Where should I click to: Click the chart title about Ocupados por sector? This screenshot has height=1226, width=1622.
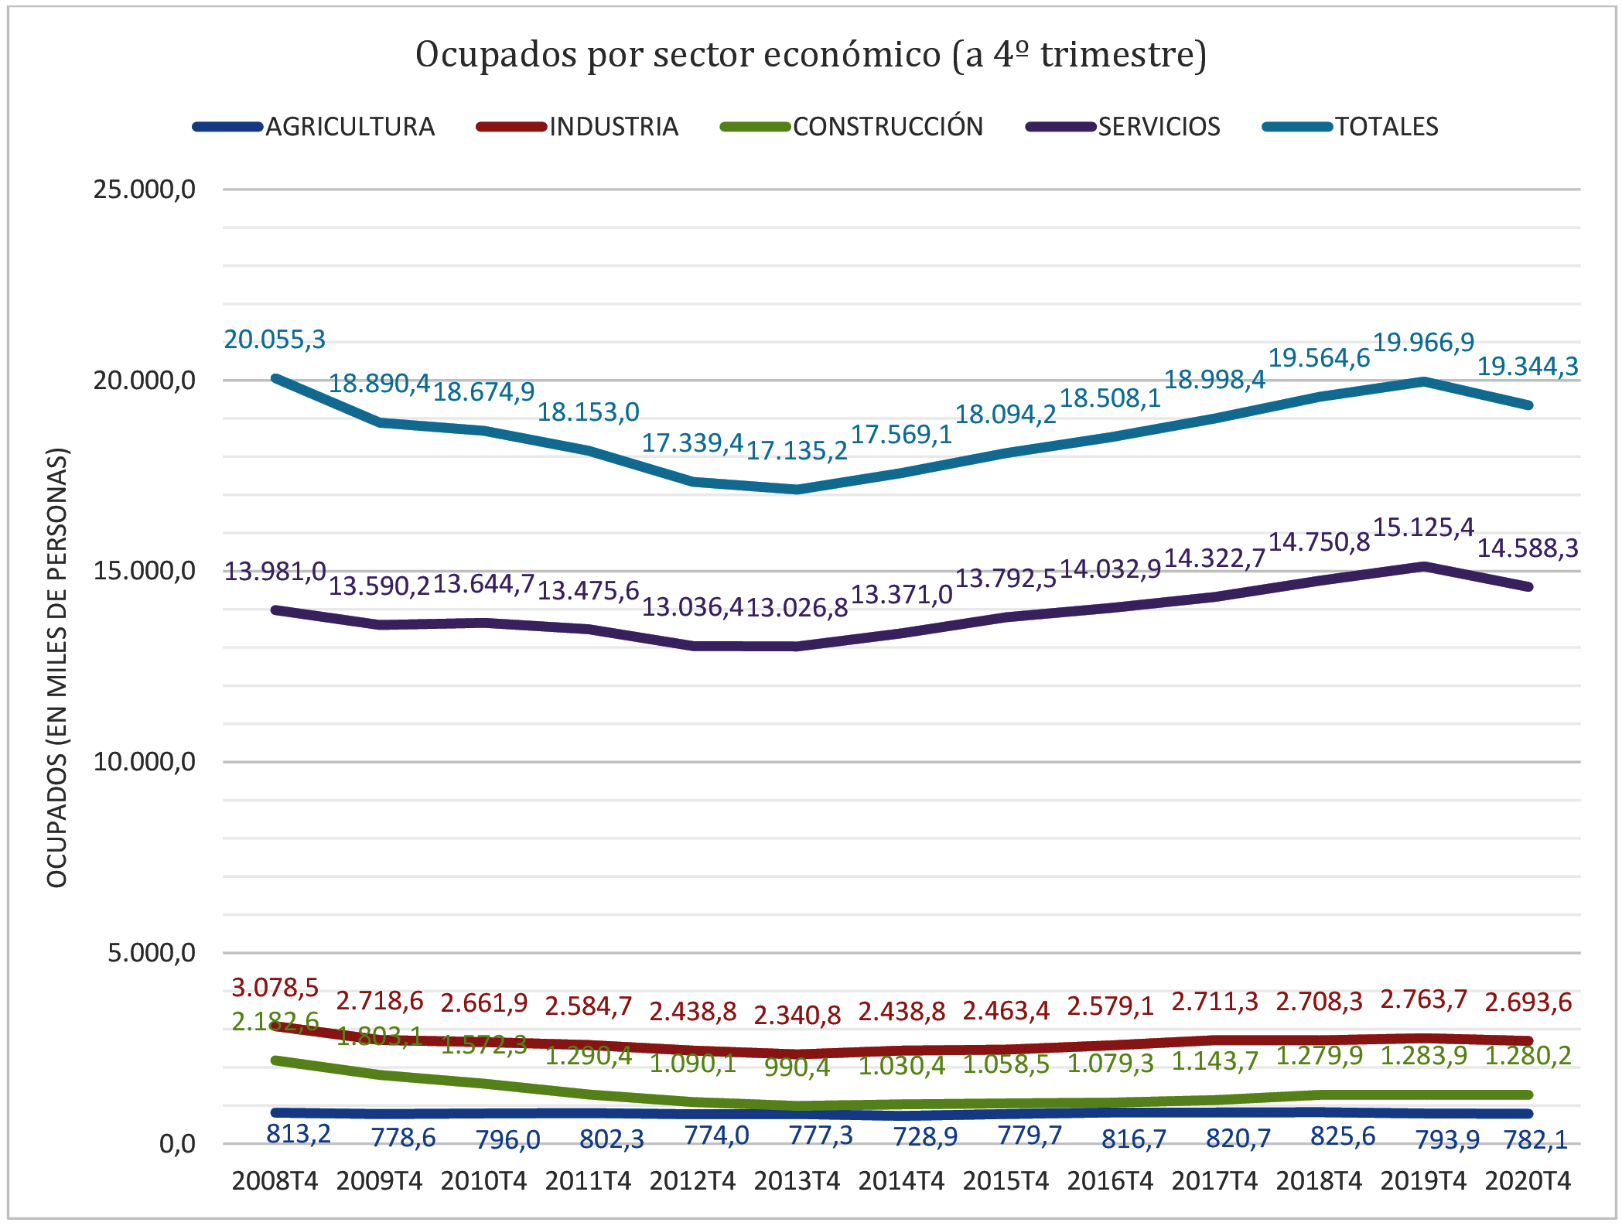coord(811,55)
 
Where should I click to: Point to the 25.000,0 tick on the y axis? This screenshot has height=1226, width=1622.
coord(144,190)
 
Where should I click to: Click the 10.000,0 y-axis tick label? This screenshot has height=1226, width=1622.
coord(144,762)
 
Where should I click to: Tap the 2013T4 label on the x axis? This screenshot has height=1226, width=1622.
coord(797,1181)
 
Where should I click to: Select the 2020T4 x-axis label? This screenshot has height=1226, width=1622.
coord(1528,1181)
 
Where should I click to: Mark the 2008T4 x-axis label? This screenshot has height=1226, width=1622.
coord(275,1181)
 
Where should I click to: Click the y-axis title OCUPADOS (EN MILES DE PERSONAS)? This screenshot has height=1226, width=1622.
coord(58,667)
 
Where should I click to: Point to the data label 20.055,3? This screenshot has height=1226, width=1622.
coord(275,340)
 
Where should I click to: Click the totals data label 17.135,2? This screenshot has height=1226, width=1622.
coord(797,450)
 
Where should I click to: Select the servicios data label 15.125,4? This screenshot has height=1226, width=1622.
coord(1423,528)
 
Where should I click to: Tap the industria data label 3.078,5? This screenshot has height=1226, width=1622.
coord(275,988)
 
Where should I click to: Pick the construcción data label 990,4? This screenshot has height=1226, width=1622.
coord(797,1067)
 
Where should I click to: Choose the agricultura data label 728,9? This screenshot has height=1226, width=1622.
coord(925,1136)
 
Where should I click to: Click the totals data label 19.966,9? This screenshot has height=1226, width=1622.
coord(1423,342)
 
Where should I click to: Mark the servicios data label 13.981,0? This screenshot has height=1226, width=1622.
coord(275,572)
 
